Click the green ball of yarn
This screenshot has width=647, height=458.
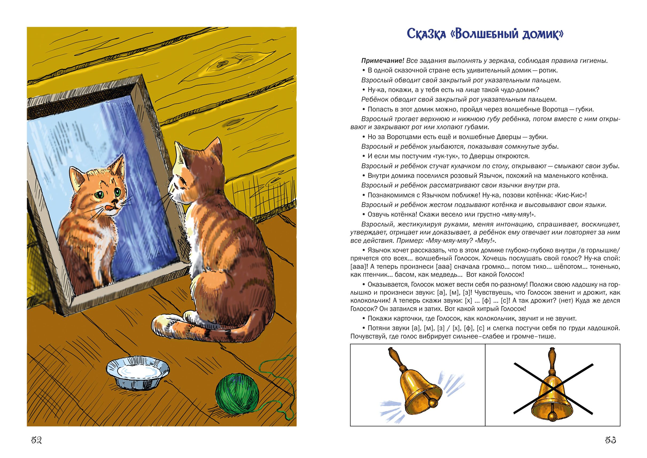tap(237, 393)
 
